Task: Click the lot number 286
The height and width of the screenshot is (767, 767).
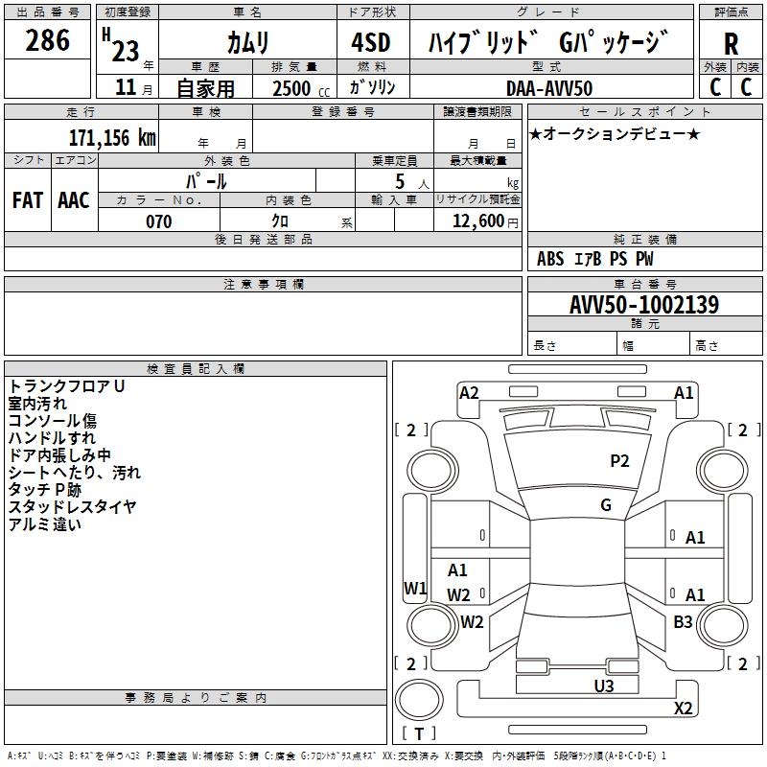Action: pyautogui.click(x=47, y=40)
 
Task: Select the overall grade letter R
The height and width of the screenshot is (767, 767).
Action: pyautogui.click(x=731, y=44)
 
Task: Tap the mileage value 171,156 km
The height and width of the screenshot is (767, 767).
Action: pyautogui.click(x=112, y=137)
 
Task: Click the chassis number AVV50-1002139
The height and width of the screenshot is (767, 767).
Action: pyautogui.click(x=644, y=304)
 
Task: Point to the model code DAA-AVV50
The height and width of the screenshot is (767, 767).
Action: pyautogui.click(x=549, y=88)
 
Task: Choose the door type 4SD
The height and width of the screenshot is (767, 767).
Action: pyautogui.click(x=371, y=42)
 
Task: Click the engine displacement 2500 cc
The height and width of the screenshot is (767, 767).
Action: pyautogui.click(x=301, y=88)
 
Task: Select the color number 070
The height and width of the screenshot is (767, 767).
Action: pyautogui.click(x=159, y=221)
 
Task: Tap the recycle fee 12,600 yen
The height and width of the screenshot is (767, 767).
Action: pyautogui.click(x=485, y=221)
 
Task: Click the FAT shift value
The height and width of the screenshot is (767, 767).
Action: pyautogui.click(x=28, y=200)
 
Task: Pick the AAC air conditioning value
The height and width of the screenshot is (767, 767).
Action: pyautogui.click(x=74, y=200)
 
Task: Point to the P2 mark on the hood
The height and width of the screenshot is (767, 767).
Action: pyautogui.click(x=619, y=461)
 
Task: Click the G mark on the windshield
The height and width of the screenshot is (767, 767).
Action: pyautogui.click(x=606, y=504)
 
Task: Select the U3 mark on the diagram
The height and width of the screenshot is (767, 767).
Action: pyautogui.click(x=604, y=686)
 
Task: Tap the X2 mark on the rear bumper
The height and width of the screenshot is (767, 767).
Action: pyautogui.click(x=683, y=708)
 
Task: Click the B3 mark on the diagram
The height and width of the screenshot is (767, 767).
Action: pyautogui.click(x=683, y=621)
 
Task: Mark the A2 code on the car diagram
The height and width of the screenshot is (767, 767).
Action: pyautogui.click(x=469, y=393)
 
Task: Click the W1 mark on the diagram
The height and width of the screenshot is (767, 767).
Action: pyautogui.click(x=415, y=588)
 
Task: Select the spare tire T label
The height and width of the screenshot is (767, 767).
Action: pyautogui.click(x=419, y=733)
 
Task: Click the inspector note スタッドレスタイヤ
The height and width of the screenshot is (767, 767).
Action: pyautogui.click(x=72, y=507)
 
